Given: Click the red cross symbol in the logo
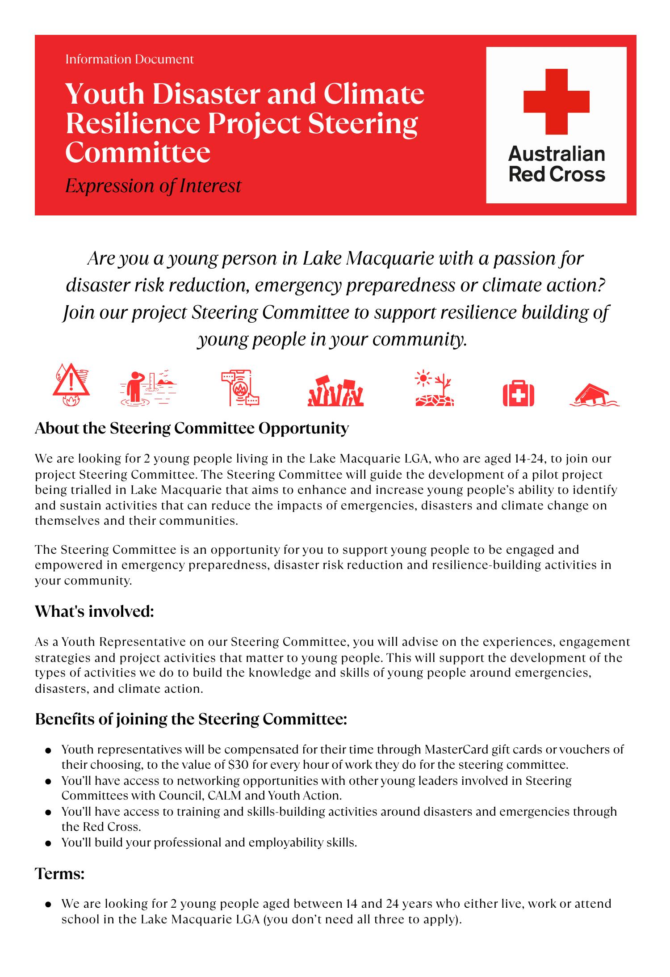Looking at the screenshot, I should pos(556,101).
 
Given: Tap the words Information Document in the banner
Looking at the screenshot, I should pos(130,59).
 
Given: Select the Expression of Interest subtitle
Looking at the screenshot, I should pos(153,185).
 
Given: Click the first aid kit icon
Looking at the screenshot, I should pos(518,393).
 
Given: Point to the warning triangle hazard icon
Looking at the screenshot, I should pos(71,385).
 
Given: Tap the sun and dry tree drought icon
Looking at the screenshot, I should pos(434,388).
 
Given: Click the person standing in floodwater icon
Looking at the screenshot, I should pos(148,387).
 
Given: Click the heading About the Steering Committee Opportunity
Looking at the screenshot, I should pos(192,428).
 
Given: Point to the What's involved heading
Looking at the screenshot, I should pos(94,611).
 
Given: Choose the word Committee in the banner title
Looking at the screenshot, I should pos(138,152).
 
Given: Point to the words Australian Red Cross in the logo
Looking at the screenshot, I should pos(557,164).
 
